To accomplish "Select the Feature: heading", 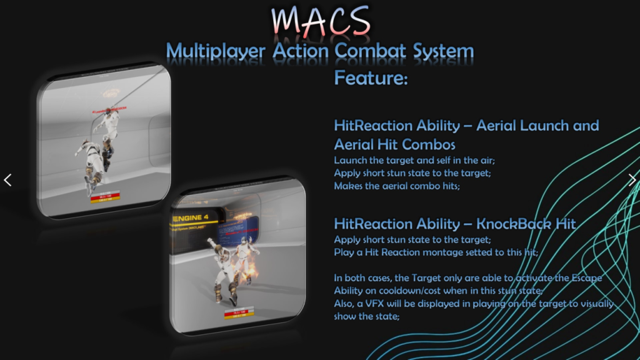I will pyautogui.click(x=371, y=79).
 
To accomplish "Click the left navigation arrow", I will pyautogui.click(x=7, y=180).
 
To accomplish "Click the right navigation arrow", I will pyautogui.click(x=632, y=180).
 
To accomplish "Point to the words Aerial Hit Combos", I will pyautogui.click(x=394, y=144).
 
